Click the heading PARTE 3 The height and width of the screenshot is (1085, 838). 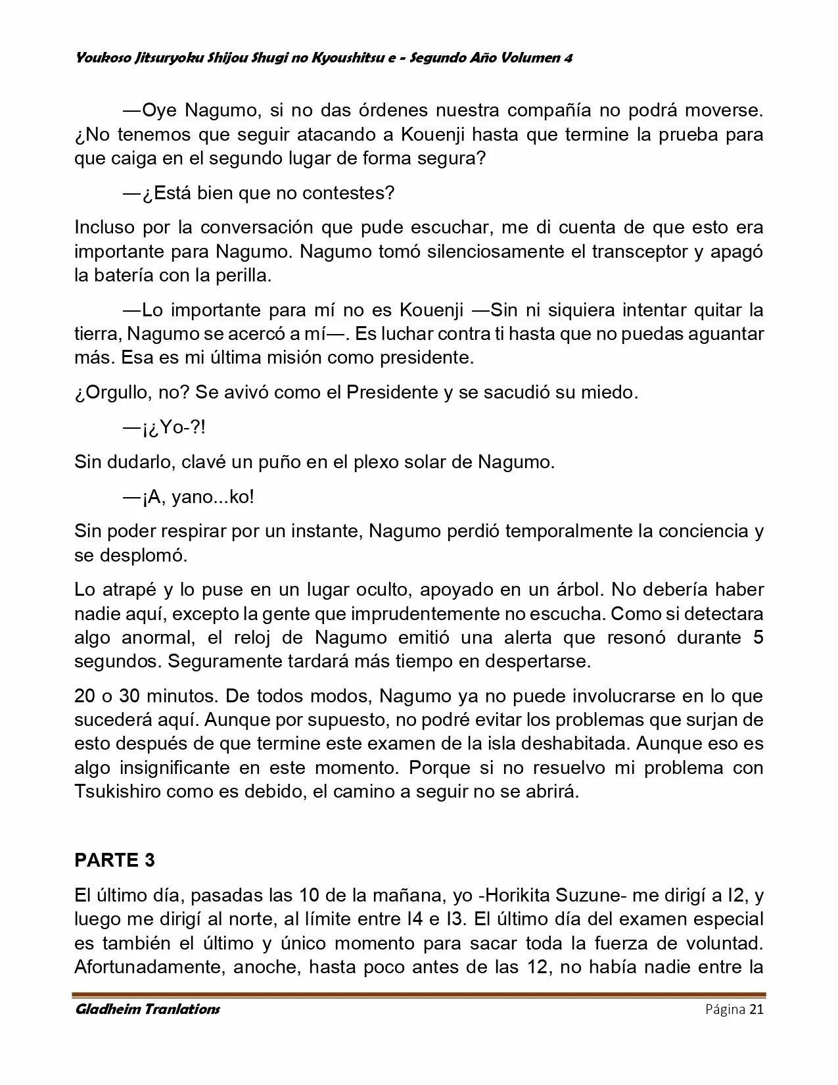pos(114,860)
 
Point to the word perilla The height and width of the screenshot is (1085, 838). pos(240,276)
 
